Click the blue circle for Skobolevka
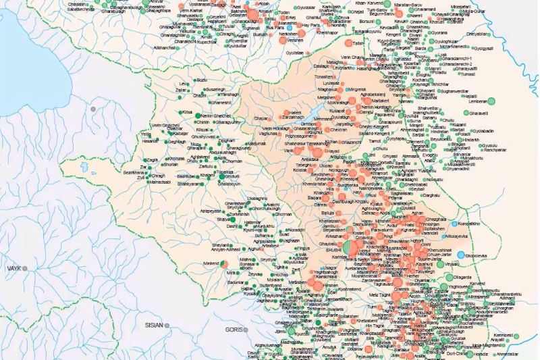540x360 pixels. point(461,255)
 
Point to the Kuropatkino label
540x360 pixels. point(473,222)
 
